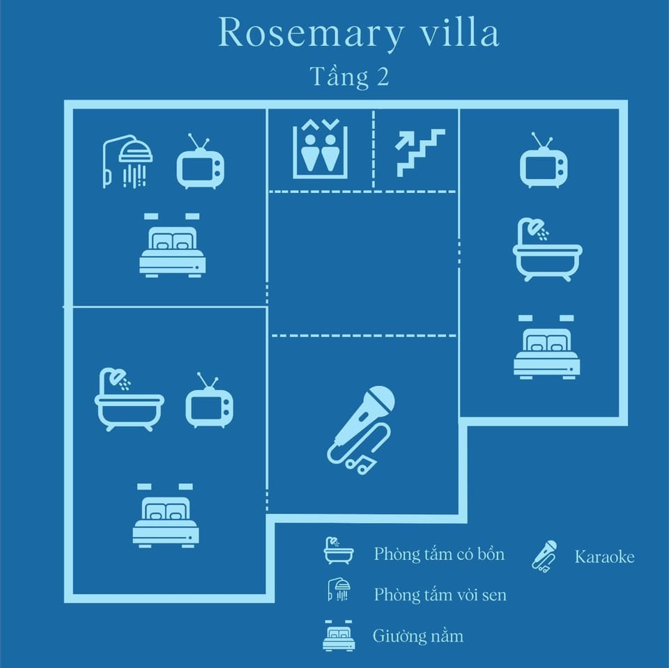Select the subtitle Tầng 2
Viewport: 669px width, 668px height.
pos(350,77)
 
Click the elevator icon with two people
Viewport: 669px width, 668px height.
pos(321,149)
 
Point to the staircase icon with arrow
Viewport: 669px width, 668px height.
pos(420,153)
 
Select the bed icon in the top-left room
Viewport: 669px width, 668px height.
pos(173,245)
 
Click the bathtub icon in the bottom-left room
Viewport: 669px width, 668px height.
pos(129,400)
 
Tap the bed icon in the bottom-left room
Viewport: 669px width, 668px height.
pos(166,515)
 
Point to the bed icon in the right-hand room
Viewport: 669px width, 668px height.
pos(546,347)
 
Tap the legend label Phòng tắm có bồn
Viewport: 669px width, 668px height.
pos(440,554)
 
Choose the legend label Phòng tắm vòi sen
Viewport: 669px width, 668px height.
pos(440,595)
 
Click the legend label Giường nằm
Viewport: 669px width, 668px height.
pos(418,636)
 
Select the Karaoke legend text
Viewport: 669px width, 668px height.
pos(605,557)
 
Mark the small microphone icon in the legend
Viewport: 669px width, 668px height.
pos(544,557)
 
